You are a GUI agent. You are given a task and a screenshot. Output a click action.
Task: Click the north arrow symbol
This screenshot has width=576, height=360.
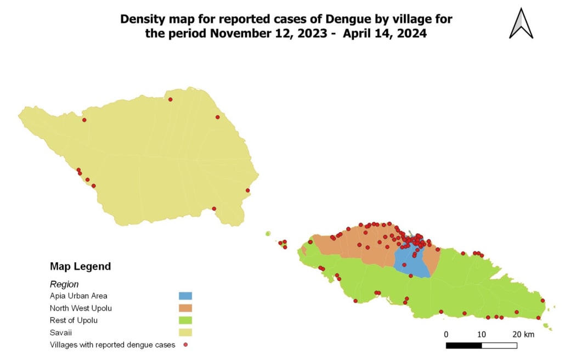[521, 24]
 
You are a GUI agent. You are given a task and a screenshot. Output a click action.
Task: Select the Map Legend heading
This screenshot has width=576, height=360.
[80, 267]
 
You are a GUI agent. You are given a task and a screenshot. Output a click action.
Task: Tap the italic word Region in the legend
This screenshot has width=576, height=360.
[64, 284]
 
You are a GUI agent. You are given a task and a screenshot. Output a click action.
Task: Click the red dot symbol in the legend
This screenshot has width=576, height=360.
[185, 345]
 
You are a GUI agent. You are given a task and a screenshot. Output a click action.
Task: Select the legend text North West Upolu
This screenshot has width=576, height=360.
[81, 308]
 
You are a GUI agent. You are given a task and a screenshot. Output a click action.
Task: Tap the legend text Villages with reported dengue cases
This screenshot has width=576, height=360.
[112, 345]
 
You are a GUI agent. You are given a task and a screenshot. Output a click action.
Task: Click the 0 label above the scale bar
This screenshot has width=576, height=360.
[446, 334]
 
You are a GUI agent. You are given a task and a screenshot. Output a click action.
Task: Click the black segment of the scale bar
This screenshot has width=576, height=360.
[464, 345]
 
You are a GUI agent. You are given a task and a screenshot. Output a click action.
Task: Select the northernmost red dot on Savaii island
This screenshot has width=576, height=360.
[170, 99]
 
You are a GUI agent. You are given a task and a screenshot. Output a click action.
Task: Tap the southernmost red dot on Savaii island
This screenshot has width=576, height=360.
[214, 209]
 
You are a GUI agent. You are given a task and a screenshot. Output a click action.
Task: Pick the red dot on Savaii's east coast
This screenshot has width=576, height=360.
[248, 190]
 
